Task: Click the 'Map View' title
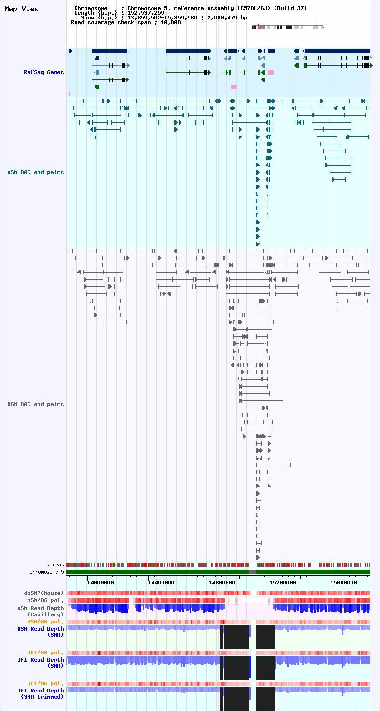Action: (21, 9)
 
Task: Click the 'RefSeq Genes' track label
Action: (44, 72)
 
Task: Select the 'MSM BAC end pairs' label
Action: (36, 172)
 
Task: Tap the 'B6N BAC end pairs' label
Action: (36, 404)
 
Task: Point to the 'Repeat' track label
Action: (55, 565)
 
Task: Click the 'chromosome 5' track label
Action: (47, 572)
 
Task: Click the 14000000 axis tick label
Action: (100, 583)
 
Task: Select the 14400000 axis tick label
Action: (161, 583)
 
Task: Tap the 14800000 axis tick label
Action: (222, 583)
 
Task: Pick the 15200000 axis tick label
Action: (283, 583)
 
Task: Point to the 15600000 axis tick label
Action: (343, 583)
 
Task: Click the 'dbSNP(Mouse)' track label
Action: (44, 593)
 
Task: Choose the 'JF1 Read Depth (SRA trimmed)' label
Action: (40, 693)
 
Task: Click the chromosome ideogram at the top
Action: (288, 27)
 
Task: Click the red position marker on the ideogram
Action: (258, 27)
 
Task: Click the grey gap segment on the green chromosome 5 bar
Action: (253, 572)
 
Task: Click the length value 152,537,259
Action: (146, 13)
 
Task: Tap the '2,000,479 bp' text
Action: (227, 18)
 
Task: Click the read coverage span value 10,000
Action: (171, 22)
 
